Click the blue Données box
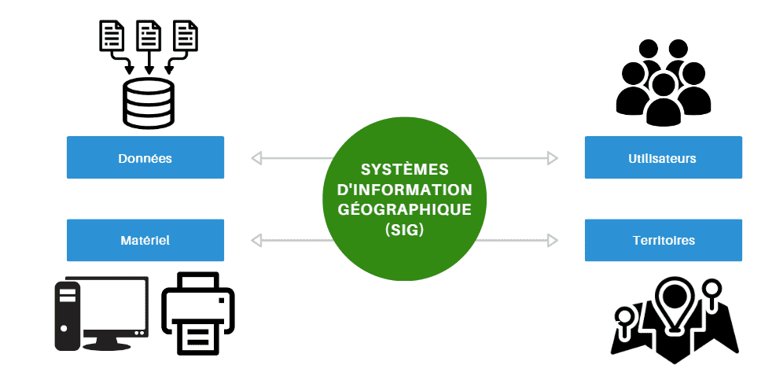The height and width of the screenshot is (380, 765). point(145,158)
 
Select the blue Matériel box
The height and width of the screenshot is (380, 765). point(145,241)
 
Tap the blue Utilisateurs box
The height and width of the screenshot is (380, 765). point(663,158)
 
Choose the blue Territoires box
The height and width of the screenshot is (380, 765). point(663,241)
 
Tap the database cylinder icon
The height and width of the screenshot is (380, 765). point(148,103)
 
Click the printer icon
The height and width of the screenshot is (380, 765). point(197,312)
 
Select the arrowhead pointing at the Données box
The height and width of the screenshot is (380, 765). point(256,159)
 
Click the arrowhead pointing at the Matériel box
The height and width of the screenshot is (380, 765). point(256,241)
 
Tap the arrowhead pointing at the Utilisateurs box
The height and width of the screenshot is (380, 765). point(552,159)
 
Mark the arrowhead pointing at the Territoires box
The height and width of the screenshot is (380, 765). point(552,241)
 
